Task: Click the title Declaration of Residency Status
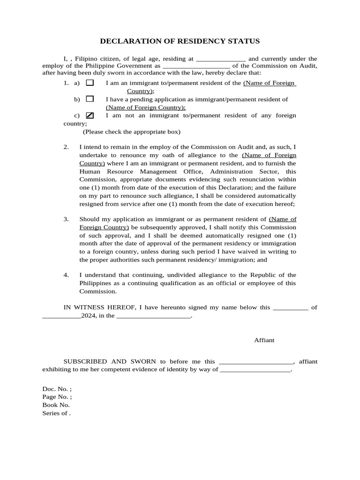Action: [x=180, y=41]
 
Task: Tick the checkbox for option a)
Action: [x=90, y=83]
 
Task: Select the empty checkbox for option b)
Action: [x=90, y=99]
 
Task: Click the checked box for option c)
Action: [x=90, y=115]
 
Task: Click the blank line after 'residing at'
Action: [x=220, y=60]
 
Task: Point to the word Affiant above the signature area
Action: [x=264, y=340]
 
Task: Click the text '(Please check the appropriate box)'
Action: [x=132, y=132]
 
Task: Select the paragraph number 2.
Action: [x=66, y=147]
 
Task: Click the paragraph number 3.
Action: [x=66, y=219]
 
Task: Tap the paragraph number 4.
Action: [x=66, y=275]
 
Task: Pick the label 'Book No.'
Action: [x=56, y=405]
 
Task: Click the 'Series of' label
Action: [x=56, y=413]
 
